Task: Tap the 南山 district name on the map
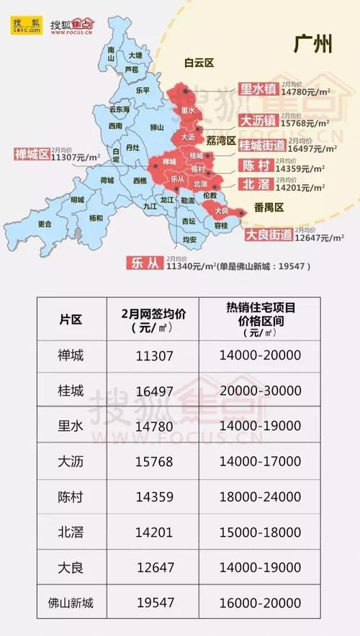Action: click(x=111, y=50)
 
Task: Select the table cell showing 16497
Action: click(x=155, y=391)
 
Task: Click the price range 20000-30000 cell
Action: click(x=261, y=391)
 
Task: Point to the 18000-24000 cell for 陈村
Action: click(x=261, y=496)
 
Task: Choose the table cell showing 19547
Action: click(x=155, y=602)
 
